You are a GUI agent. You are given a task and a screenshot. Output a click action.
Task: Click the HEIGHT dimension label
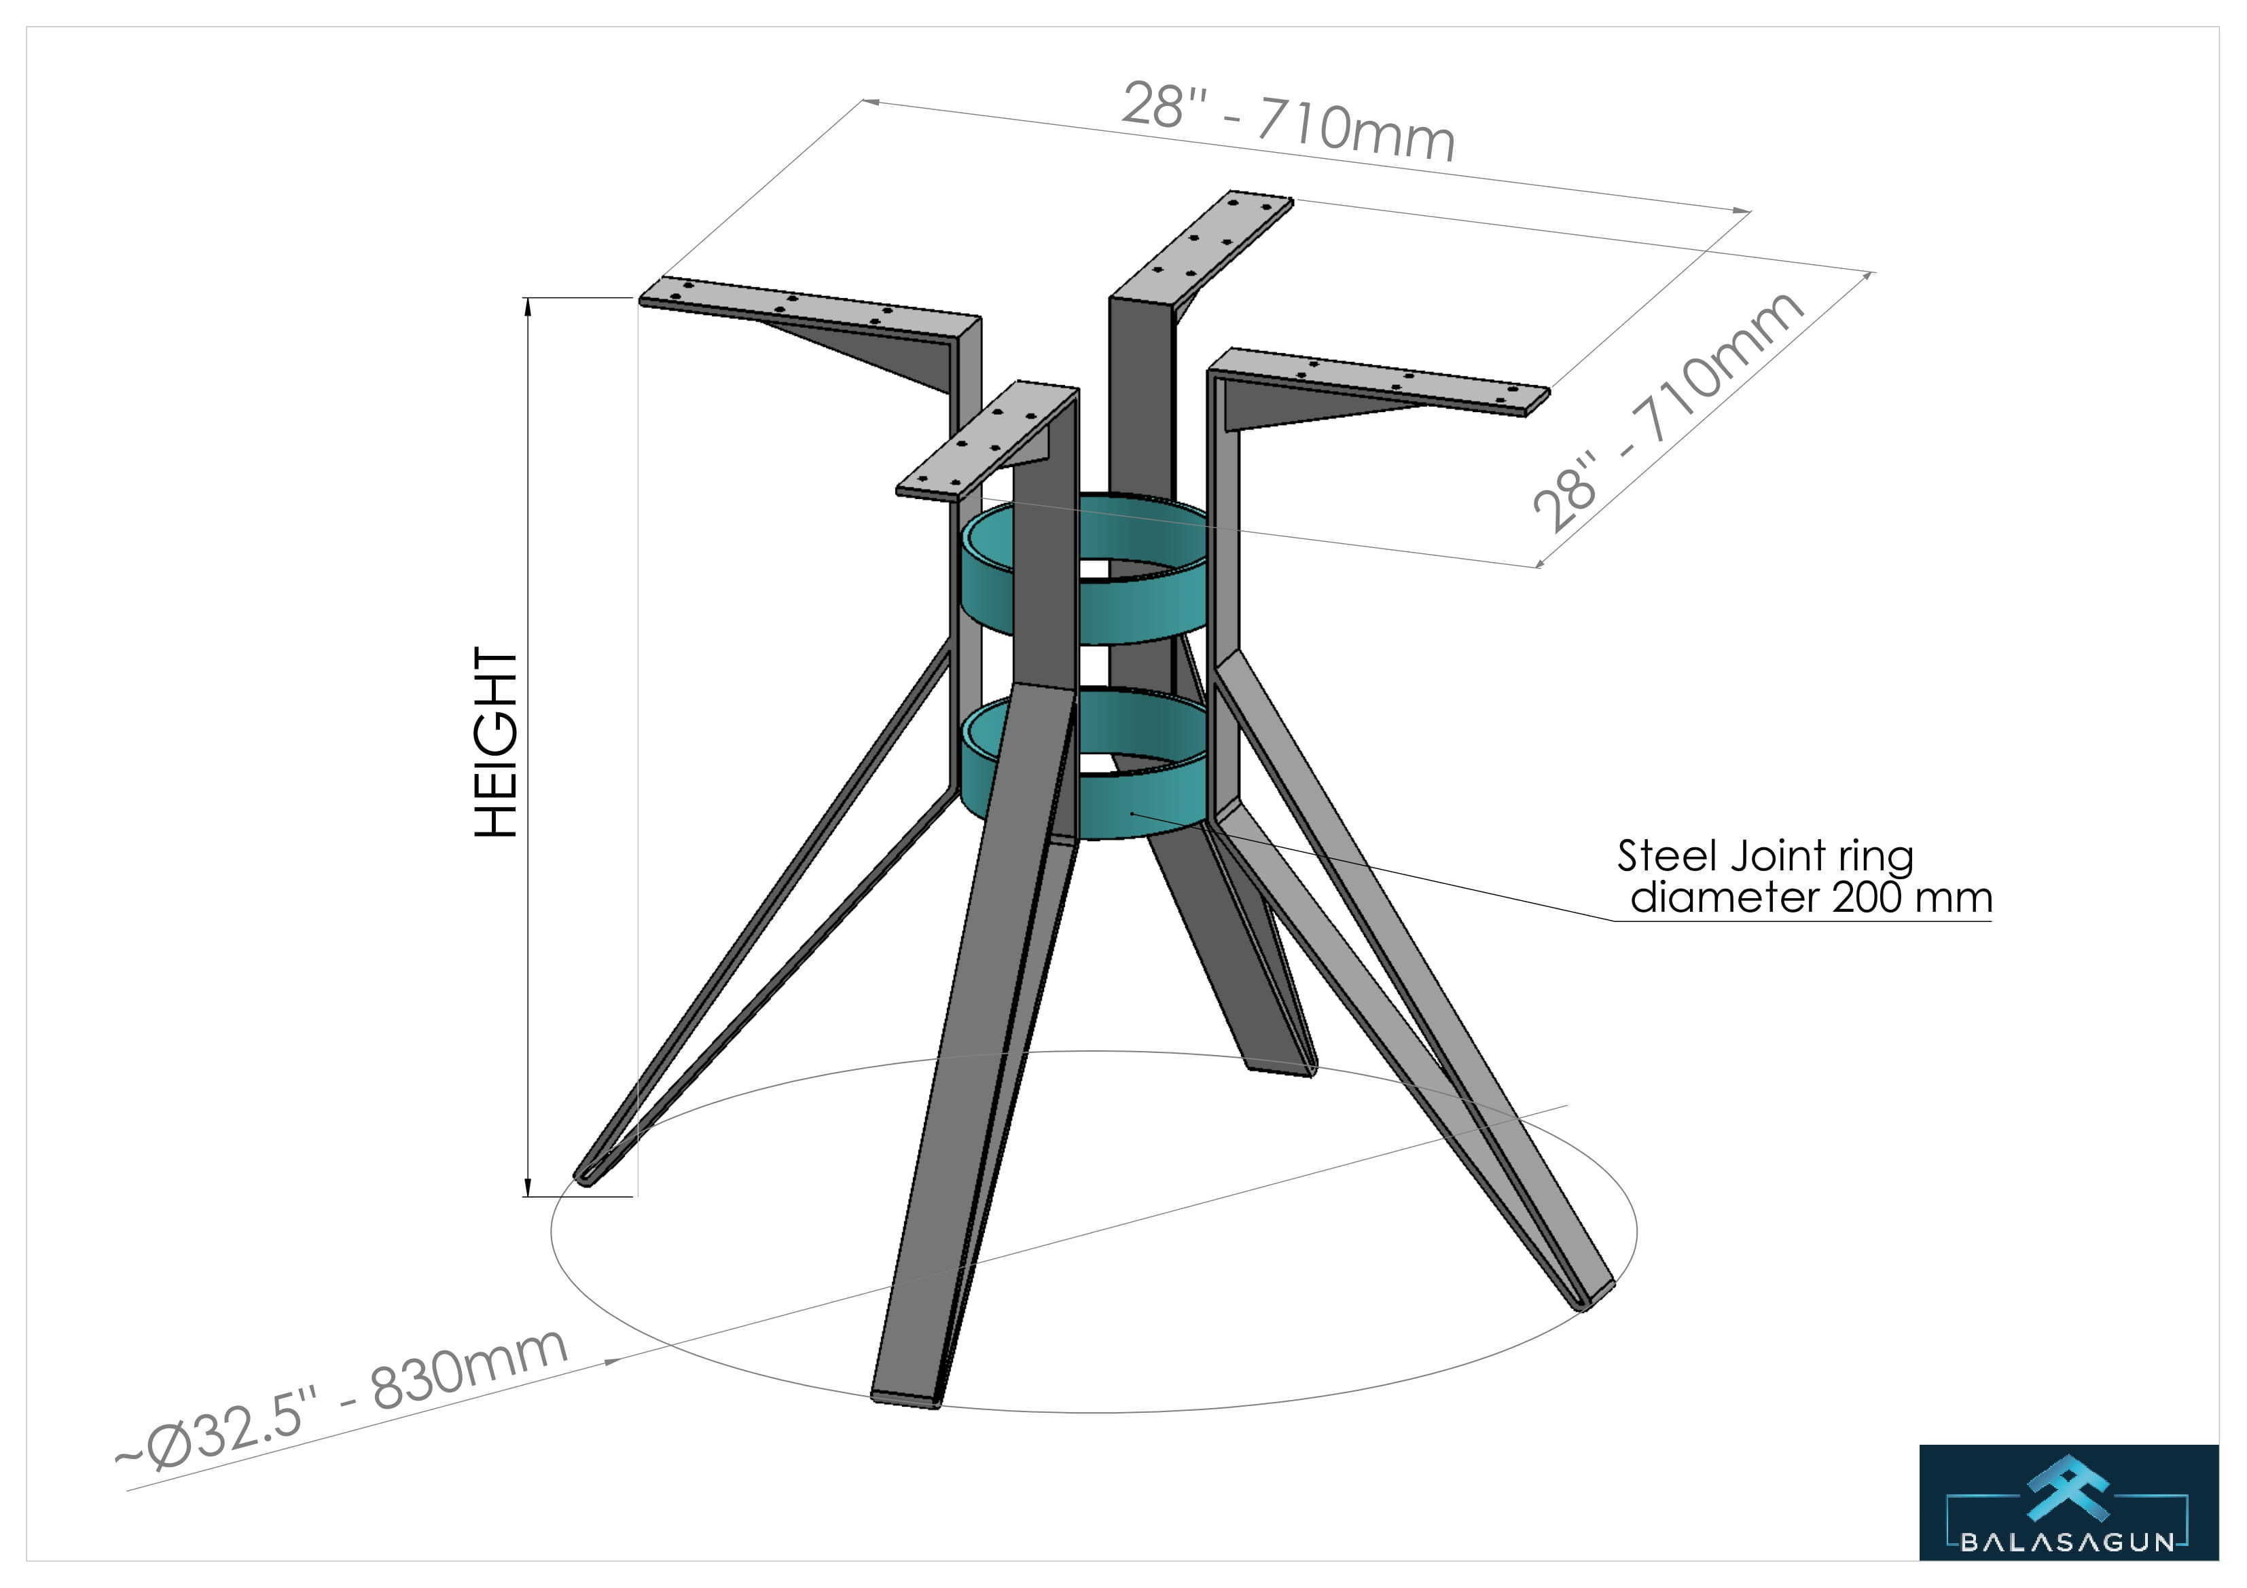coord(495,741)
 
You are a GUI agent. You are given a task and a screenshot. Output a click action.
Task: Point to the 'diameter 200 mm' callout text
coord(1810,898)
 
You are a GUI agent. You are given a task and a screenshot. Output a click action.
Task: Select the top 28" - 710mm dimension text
coord(1287,122)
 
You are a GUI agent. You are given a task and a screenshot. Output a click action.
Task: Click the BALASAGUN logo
coord(2068,1502)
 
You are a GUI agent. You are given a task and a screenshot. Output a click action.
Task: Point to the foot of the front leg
coord(906,1397)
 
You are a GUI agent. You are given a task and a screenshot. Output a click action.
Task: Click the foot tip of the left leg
coord(586,1177)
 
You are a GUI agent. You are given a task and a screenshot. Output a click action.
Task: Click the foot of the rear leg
coord(1282,1067)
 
